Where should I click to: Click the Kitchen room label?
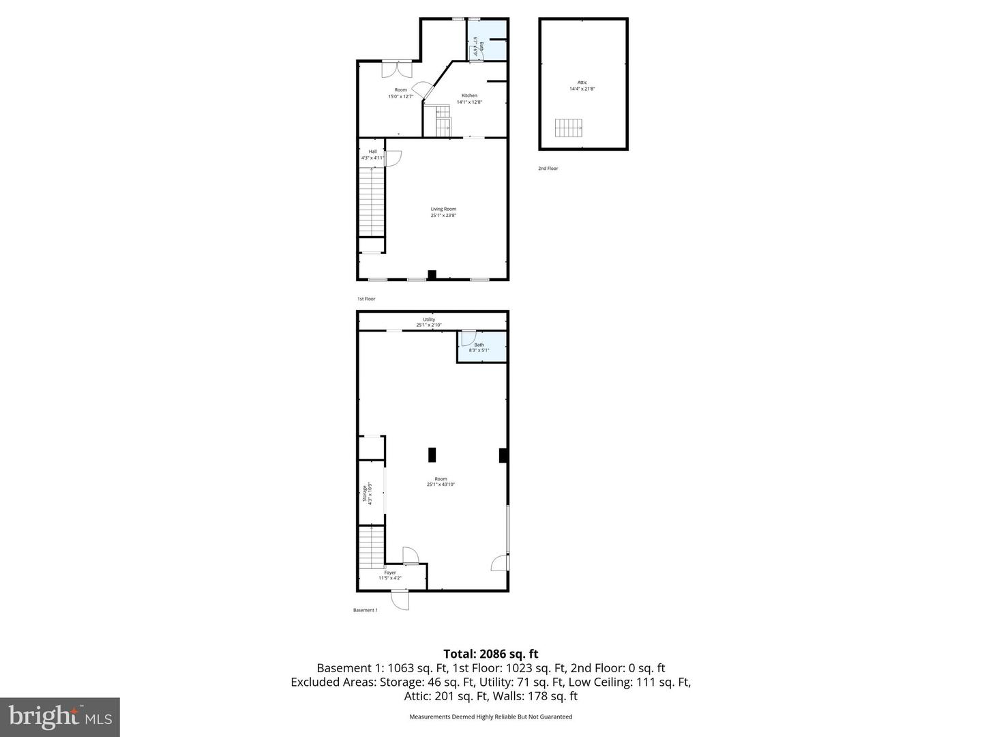[x=469, y=98]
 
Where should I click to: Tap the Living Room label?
[x=443, y=212]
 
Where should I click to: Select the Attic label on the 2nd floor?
[x=582, y=85]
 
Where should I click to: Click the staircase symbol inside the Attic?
[x=568, y=128]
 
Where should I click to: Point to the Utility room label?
[x=429, y=322]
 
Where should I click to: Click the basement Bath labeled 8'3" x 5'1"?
[x=479, y=347]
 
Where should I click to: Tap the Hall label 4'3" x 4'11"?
[x=372, y=155]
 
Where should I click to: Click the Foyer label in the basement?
[x=390, y=575]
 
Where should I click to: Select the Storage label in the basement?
[x=368, y=493]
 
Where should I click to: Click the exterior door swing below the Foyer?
[x=400, y=601]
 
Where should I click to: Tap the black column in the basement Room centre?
[x=432, y=455]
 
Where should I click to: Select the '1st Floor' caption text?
[x=366, y=299]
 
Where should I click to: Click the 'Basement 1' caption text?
[x=365, y=610]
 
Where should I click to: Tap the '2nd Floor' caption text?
[x=548, y=168]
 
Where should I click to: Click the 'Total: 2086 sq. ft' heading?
[x=490, y=654]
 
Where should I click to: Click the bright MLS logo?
[x=60, y=717]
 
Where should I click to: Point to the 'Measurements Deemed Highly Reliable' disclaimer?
[x=490, y=717]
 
